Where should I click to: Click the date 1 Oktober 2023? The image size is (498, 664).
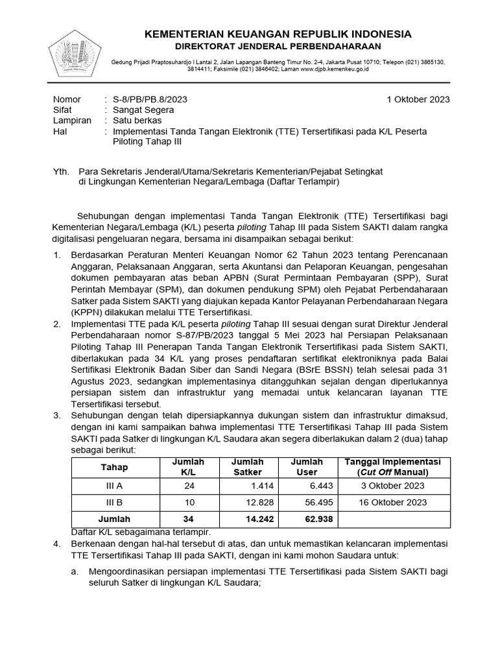coord(418,99)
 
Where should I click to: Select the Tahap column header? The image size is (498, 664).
coord(115,467)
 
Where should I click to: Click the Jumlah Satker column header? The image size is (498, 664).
coord(247,467)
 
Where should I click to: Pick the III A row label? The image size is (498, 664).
coord(115,486)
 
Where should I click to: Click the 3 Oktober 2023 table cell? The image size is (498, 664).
coord(392,486)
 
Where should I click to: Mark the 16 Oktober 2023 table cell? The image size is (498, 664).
coord(392,502)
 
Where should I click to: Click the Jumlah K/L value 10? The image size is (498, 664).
coord(188,502)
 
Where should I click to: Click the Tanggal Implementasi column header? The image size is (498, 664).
coord(392,467)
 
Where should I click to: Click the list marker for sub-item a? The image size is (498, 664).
coord(75,571)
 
